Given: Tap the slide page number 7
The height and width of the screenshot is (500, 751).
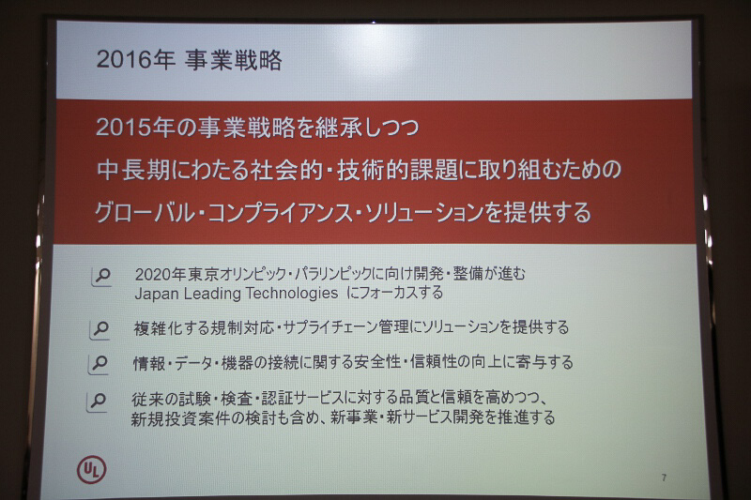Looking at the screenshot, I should tap(664, 478).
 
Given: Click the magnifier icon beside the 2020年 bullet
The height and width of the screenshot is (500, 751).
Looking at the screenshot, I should tap(101, 276).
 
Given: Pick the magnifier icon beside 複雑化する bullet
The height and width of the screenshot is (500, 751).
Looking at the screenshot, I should tap(101, 328).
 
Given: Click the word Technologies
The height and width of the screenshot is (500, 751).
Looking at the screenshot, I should tap(285, 293).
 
